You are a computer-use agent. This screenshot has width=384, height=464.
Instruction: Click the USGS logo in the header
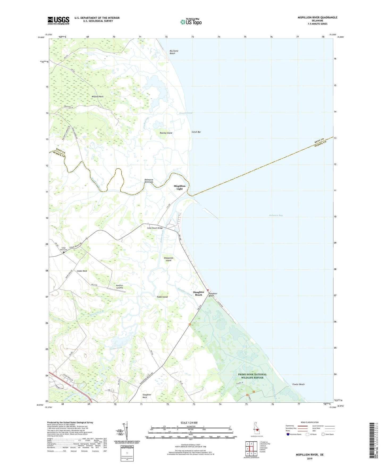point(58,20)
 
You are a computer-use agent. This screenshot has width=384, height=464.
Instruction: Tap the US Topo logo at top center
point(191,22)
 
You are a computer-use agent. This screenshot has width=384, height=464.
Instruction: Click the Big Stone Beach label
point(174,52)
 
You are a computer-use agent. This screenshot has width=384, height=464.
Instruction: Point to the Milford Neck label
point(98,96)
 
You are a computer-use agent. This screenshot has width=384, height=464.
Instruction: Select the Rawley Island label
point(166,133)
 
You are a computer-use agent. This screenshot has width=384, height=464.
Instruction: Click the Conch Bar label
point(196,132)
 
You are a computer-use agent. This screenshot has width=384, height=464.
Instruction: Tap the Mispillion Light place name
point(180,187)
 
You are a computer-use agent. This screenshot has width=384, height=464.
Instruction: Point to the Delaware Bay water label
point(276,215)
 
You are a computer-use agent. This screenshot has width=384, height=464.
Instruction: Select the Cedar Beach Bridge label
point(155,228)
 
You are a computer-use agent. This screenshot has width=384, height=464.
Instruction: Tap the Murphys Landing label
point(120,286)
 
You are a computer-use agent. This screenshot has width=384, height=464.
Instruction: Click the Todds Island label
point(162,297)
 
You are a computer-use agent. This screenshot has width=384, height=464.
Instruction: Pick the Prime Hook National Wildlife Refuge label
point(252,376)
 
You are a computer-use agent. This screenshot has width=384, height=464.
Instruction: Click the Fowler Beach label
point(298,384)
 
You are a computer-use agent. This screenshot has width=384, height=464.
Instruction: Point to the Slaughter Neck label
point(147,396)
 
